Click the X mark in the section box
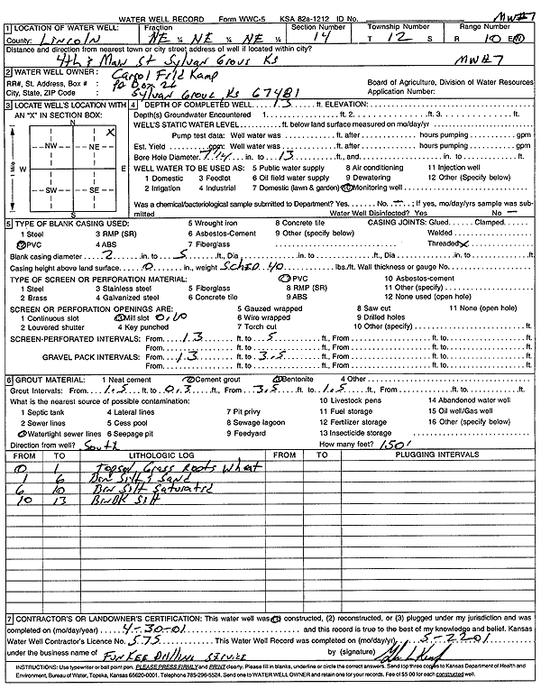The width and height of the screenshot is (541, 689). click(x=109, y=132)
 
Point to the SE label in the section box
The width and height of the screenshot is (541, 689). click(x=93, y=190)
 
